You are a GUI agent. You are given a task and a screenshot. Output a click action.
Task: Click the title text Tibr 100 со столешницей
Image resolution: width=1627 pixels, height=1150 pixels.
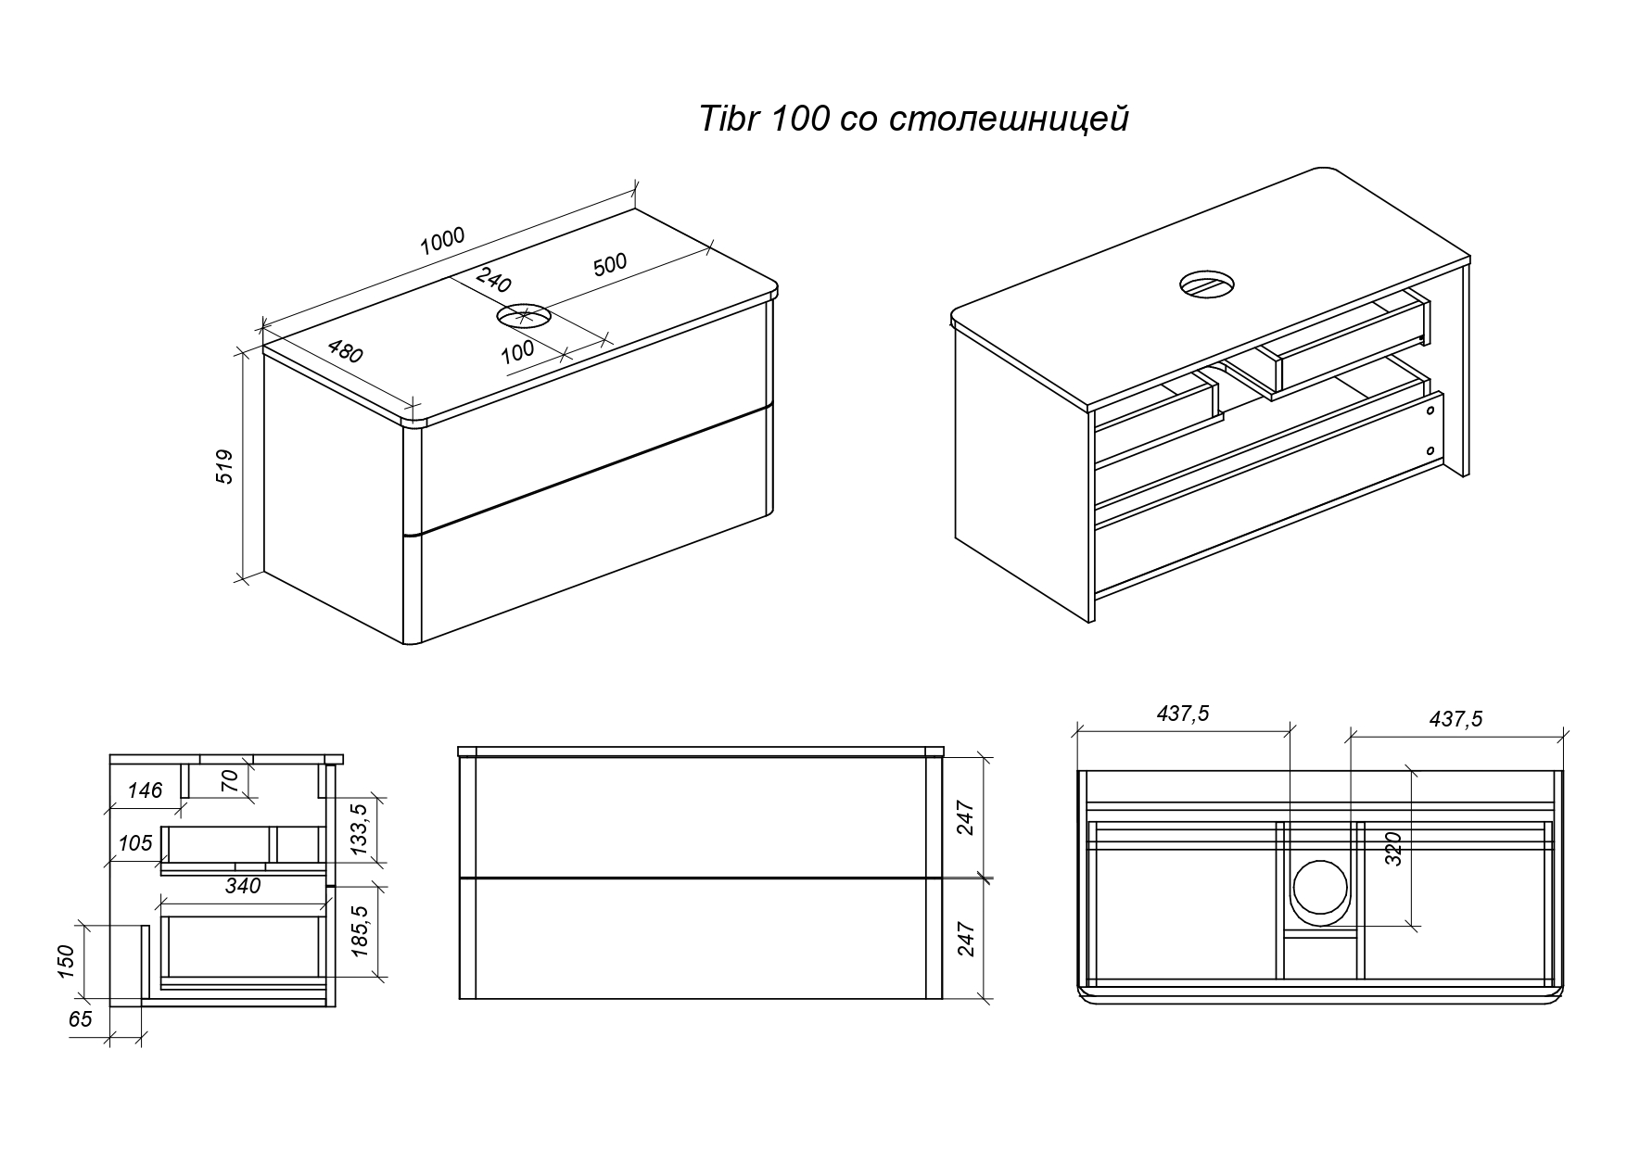(913, 120)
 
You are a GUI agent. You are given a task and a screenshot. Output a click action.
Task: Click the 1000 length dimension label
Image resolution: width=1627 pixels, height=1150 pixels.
(442, 241)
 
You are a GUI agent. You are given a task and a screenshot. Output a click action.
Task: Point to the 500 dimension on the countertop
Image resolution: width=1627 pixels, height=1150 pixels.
(610, 266)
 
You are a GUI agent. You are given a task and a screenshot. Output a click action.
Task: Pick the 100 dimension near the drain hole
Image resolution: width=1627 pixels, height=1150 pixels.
(517, 349)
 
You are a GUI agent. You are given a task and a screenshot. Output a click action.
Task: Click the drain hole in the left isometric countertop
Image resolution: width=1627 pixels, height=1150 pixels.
(525, 316)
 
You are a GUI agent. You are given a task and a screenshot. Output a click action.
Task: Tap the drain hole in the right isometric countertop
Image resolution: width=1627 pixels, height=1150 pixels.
(1207, 284)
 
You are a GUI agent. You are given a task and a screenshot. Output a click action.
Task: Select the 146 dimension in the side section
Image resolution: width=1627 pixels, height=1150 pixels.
(145, 790)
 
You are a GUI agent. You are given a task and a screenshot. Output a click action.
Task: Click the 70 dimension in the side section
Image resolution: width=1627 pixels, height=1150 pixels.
(232, 780)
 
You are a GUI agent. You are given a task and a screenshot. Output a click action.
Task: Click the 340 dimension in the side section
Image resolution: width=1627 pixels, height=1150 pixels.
(243, 886)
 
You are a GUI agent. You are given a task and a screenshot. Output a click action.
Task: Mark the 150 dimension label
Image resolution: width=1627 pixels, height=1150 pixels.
(66, 961)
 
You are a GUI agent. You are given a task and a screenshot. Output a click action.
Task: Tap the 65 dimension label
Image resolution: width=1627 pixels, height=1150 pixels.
(81, 1019)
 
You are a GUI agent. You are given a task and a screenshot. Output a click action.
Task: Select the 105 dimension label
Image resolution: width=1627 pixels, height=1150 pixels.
(135, 843)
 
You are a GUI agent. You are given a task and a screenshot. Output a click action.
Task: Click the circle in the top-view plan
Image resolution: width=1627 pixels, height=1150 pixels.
(1320, 887)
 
